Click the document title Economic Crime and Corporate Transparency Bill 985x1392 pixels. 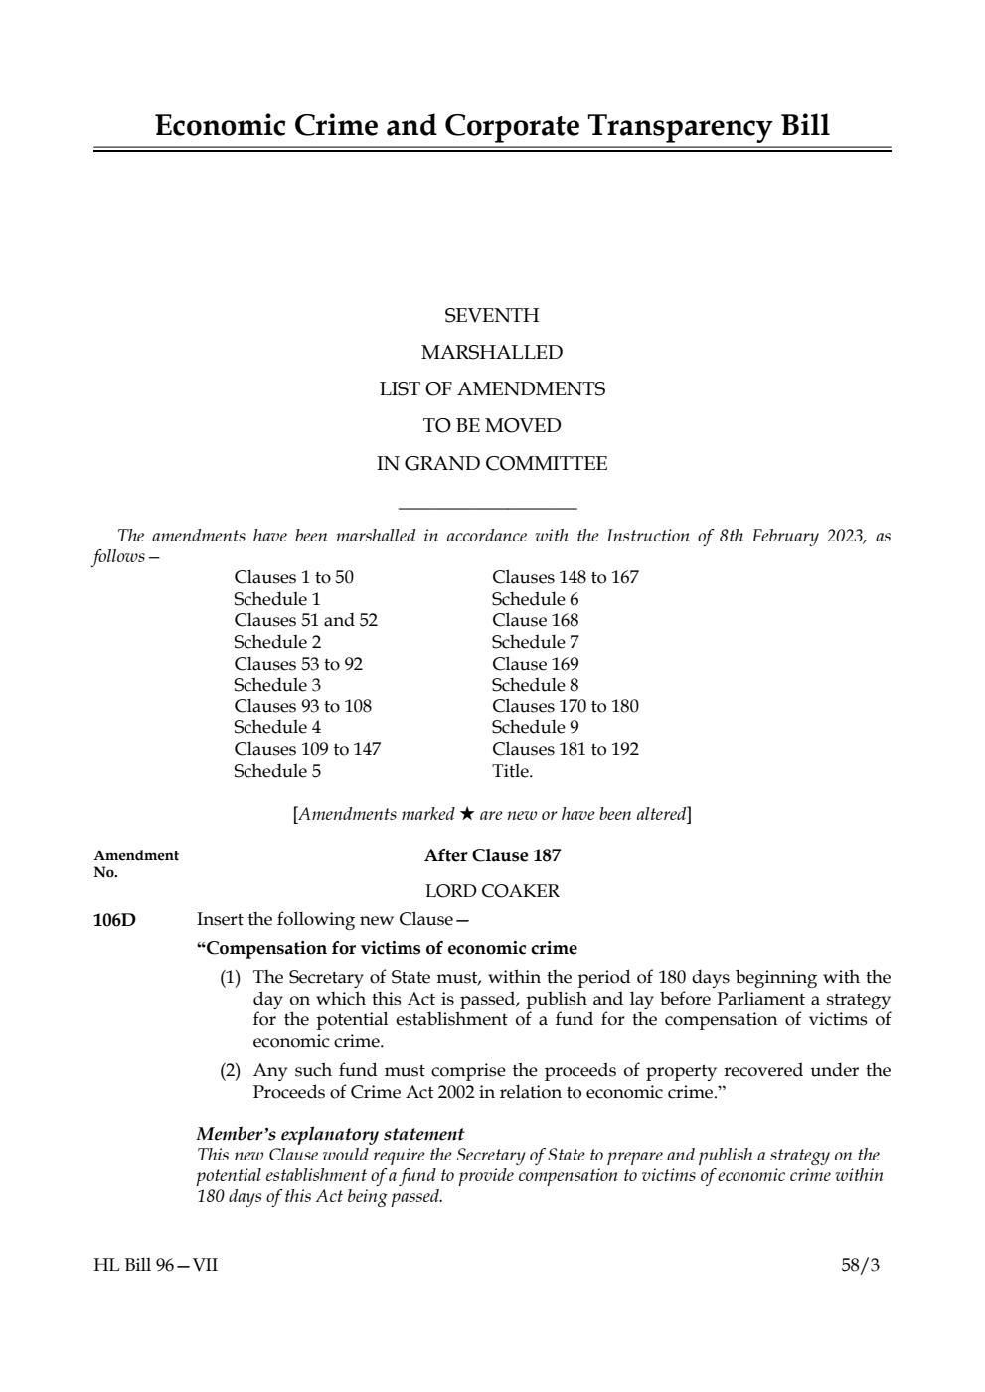[492, 126]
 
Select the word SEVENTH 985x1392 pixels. [491, 316]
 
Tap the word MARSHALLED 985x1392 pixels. [491, 353]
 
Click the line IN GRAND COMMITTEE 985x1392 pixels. [491, 464]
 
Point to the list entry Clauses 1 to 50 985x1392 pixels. [293, 577]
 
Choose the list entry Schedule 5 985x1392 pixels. [277, 771]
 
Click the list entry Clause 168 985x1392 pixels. [535, 620]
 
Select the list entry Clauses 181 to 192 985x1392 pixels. [565, 749]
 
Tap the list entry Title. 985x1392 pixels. [512, 771]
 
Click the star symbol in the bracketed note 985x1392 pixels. [466, 814]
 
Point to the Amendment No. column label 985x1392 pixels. [136, 863]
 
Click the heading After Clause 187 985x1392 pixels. [492, 855]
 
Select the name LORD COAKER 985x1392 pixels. [492, 891]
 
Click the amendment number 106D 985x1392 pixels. [114, 920]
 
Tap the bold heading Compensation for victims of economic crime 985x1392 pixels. [387, 948]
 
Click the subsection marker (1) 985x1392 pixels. [230, 977]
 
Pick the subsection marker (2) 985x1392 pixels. [230, 1071]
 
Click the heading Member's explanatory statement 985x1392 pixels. [330, 1134]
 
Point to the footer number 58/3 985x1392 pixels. [860, 1265]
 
